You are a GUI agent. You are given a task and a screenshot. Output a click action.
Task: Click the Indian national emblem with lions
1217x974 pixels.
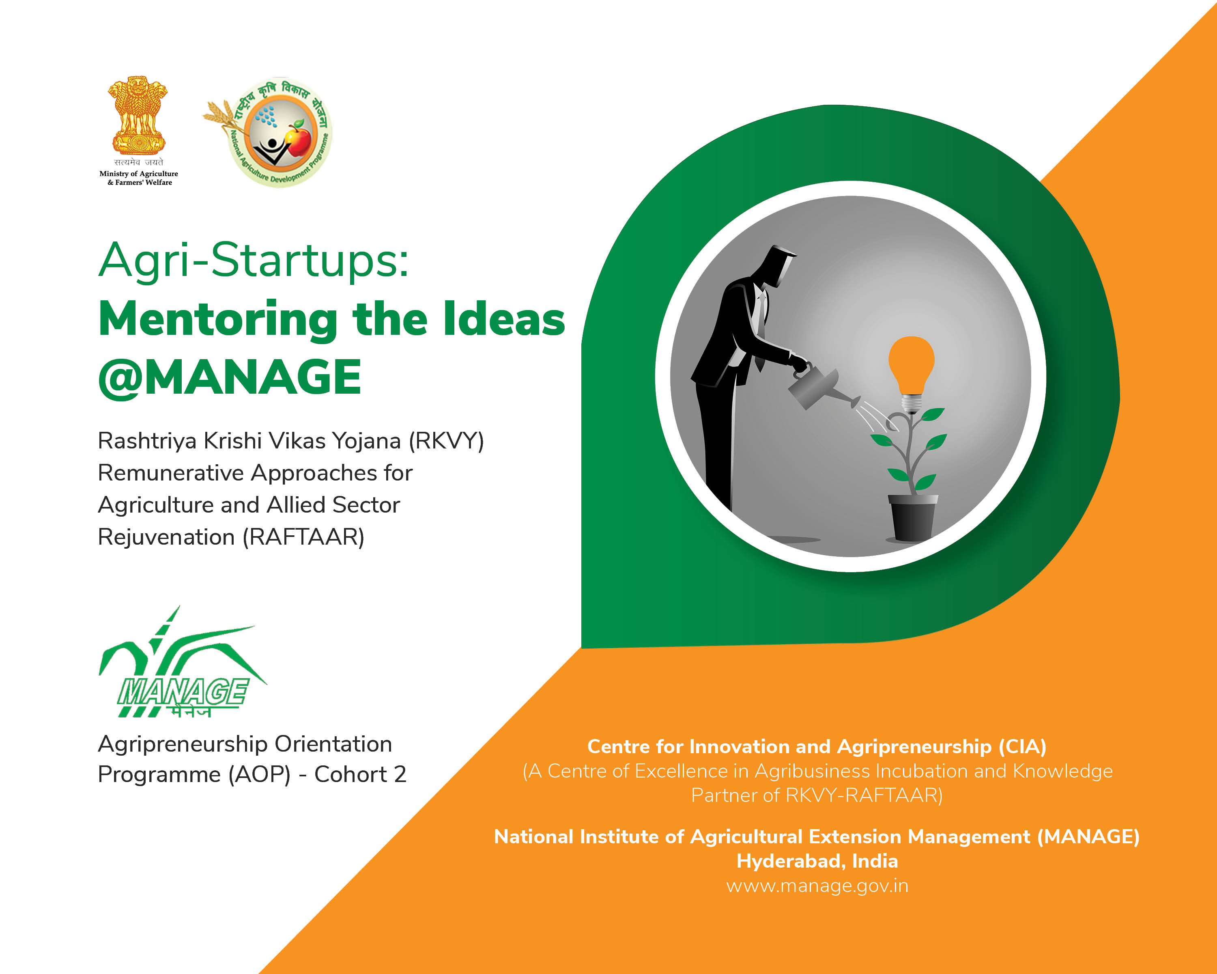coord(138,115)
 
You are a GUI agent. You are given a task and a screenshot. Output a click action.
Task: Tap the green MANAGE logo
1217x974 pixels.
coord(182,662)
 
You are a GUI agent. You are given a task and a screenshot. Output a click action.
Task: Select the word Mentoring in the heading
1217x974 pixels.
coord(218,319)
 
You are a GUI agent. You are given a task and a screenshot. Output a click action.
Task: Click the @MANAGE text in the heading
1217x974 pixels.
coord(230,377)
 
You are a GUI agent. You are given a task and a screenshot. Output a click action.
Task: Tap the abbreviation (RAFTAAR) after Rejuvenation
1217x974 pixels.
coord(303,537)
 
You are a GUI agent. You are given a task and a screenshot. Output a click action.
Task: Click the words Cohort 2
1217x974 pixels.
coord(360,774)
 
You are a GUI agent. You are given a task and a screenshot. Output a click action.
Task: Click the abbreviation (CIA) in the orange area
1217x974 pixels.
coord(1022,746)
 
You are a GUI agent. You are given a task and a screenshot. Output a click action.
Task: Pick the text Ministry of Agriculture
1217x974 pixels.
coord(139,173)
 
